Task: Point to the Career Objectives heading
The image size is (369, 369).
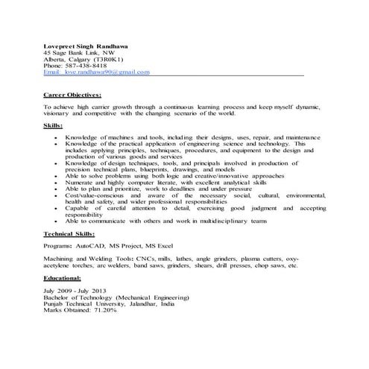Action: [x=72, y=95]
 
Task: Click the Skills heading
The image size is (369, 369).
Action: [x=54, y=126]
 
